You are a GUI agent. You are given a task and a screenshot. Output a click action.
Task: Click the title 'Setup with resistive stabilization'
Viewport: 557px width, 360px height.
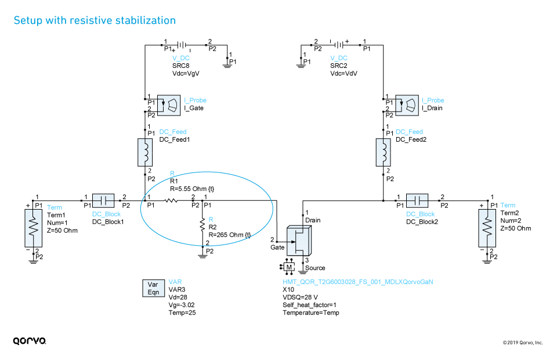(x=94, y=21)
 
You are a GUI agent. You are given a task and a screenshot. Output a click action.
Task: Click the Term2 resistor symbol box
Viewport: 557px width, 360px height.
(x=486, y=229)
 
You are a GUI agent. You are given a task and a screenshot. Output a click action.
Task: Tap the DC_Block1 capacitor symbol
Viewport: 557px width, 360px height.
(x=106, y=201)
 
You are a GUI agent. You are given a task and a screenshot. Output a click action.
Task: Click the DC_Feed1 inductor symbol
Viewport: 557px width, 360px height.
(x=144, y=152)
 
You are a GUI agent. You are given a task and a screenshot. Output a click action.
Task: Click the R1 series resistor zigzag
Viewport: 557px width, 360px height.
(x=171, y=201)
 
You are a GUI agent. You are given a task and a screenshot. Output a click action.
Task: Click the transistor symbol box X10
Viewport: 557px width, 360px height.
(x=301, y=242)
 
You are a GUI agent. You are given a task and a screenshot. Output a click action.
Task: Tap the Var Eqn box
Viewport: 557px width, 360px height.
(x=153, y=289)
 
